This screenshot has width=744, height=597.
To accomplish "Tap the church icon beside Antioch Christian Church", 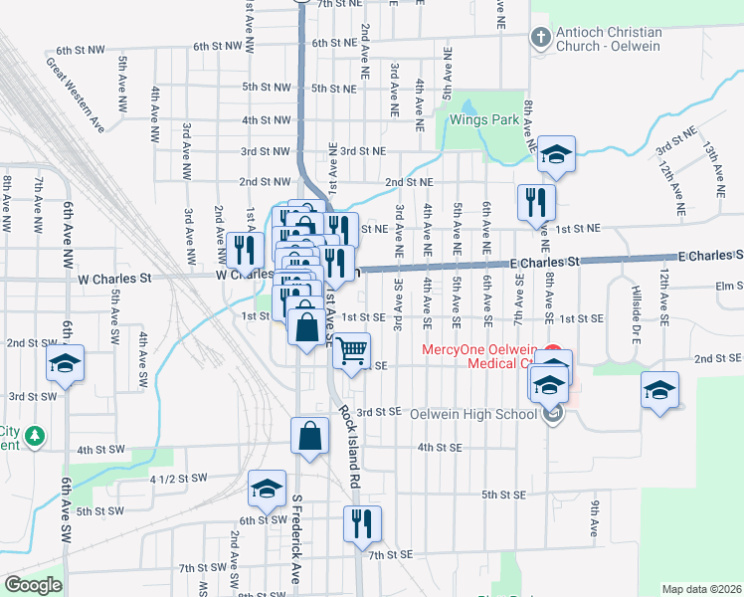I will click(x=540, y=39).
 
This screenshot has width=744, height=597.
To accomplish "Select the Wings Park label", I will click(x=484, y=119).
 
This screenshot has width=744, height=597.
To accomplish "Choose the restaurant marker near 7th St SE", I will click(x=361, y=523).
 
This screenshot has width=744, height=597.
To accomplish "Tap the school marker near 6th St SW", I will click(x=266, y=489).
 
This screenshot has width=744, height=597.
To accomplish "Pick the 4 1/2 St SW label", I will click(x=178, y=479).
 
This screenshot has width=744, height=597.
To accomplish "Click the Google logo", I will click(x=33, y=585).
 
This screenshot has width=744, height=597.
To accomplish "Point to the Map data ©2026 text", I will click(x=701, y=589).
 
